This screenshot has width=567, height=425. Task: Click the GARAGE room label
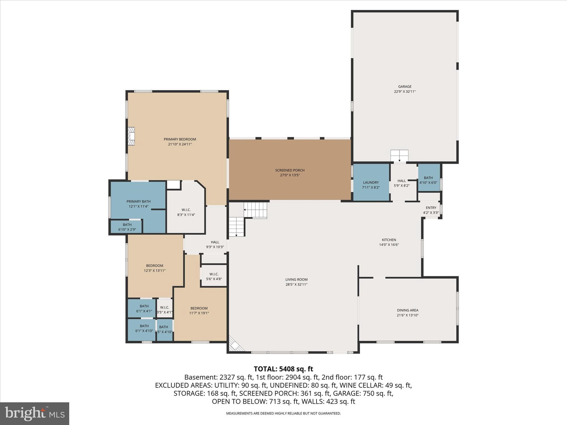404,87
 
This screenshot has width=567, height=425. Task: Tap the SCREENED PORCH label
290,170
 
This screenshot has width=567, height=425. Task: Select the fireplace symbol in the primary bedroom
131,136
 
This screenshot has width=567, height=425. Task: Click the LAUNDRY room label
371,183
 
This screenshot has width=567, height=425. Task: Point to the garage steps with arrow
399,156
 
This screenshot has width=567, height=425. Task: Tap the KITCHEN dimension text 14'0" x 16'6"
389,245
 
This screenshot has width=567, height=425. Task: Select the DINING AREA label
407,310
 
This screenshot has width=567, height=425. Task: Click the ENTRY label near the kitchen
431,208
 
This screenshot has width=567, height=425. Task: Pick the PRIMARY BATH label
138,202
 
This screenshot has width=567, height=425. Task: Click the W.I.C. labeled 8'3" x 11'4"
186,212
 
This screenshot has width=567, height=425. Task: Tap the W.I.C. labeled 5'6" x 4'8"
214,276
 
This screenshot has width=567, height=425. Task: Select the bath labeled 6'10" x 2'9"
127,227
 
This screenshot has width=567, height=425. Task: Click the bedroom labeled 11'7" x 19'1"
199,311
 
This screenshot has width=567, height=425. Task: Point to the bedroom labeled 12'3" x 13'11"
154,268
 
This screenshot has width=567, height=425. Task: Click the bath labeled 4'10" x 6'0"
428,180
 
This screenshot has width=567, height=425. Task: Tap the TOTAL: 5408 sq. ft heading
283,369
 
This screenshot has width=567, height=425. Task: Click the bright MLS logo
35,413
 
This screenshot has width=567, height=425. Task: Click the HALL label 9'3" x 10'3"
215,245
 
